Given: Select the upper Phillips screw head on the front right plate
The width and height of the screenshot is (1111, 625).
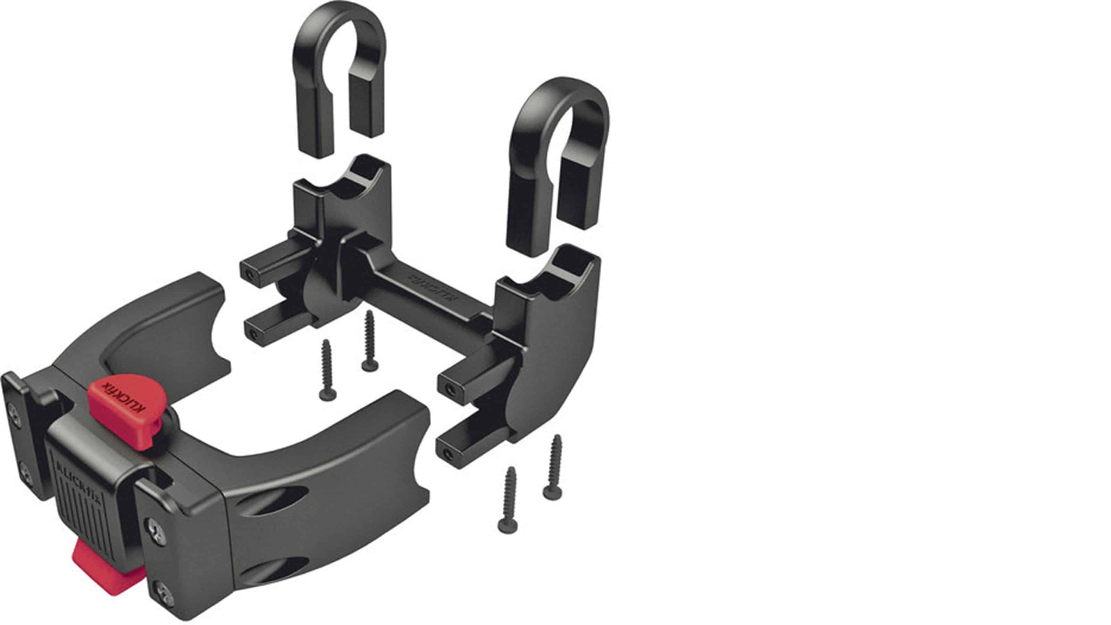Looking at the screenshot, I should pos(157,530).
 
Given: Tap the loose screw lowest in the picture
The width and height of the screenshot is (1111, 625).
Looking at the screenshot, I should pos(509,500).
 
